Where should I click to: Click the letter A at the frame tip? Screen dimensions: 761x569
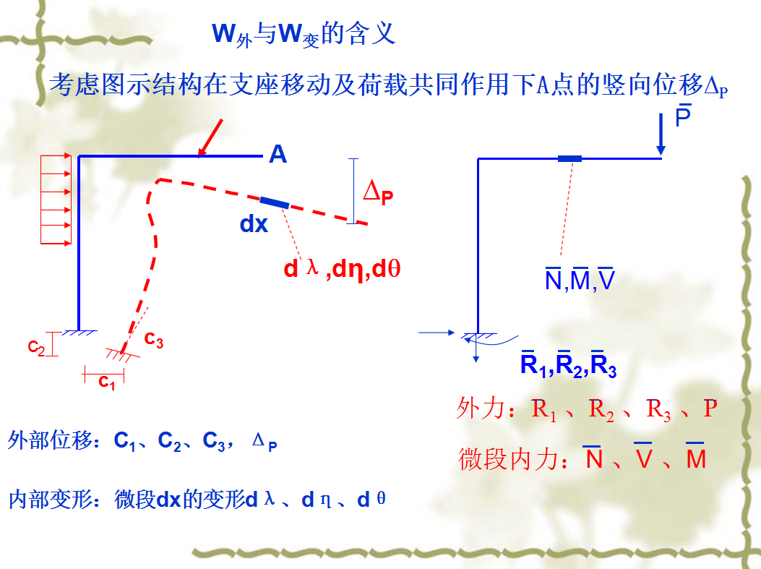click(278, 154)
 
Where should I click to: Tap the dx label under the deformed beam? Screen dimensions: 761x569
click(254, 225)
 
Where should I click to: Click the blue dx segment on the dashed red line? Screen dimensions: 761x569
click(275, 202)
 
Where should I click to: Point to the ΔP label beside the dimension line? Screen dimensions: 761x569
click(378, 192)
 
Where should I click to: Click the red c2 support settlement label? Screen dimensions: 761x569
click(36, 348)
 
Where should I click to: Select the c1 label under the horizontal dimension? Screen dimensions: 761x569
click(107, 382)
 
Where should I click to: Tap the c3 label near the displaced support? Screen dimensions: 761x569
click(153, 339)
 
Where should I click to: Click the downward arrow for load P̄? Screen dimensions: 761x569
click(661, 138)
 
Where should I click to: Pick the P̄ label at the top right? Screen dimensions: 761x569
click(683, 116)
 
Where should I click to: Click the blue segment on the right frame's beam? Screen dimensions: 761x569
click(569, 158)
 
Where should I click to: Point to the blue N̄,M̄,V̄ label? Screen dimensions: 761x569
click(580, 279)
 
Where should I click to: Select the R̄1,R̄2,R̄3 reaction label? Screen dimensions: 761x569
click(568, 366)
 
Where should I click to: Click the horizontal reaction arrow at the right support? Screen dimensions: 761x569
click(437, 333)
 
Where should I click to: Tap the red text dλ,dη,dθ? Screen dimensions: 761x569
click(342, 270)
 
